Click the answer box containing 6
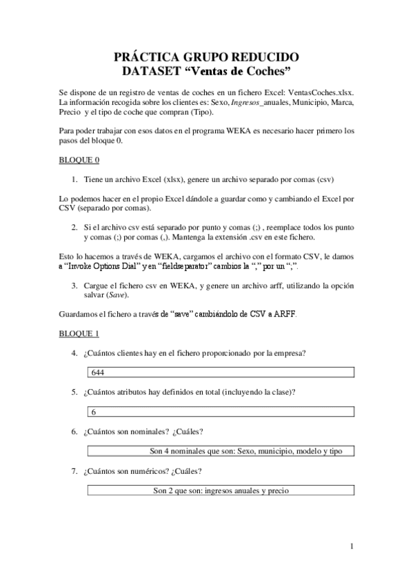click(221, 412)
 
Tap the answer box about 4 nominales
click(221, 451)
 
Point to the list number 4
click(74, 354)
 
